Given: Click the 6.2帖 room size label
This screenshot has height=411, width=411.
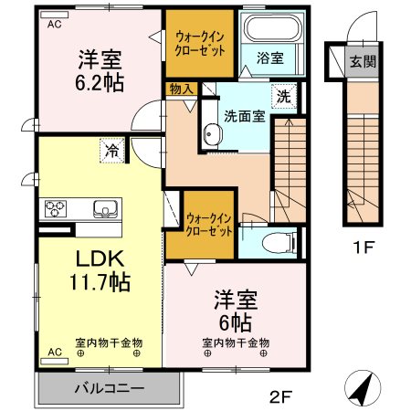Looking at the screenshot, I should [x=100, y=79].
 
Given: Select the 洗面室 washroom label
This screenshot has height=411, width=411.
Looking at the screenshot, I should [x=244, y=116].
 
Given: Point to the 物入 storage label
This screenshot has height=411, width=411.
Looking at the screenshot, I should [x=180, y=89].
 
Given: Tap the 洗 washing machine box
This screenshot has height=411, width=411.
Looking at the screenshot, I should [x=283, y=95].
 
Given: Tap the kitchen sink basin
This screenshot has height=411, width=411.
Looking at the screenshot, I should [x=102, y=208].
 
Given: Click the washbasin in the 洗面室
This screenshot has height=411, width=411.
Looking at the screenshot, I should [x=211, y=135].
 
